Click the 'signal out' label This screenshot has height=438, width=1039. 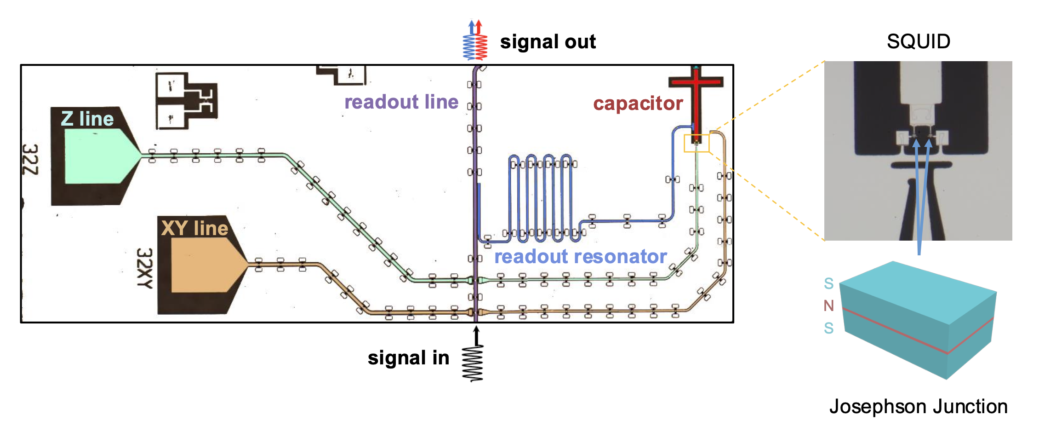(548, 42)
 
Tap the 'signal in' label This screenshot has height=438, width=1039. (408, 358)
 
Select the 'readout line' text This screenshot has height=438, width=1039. (401, 102)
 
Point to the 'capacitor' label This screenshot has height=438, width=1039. (638, 104)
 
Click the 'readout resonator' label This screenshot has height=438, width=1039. (580, 257)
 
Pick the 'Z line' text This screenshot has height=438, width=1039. (87, 119)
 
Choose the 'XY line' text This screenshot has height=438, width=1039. (194, 228)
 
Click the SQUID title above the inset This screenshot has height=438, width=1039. (919, 42)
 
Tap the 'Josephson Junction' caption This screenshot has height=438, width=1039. (918, 407)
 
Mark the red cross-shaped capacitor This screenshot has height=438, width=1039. (696, 97)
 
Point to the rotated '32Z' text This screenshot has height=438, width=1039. (30, 160)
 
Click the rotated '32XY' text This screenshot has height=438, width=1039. (144, 268)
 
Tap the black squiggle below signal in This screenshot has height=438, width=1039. (474, 363)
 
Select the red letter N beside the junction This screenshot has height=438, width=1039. (829, 305)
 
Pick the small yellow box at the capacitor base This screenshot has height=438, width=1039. (696, 143)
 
